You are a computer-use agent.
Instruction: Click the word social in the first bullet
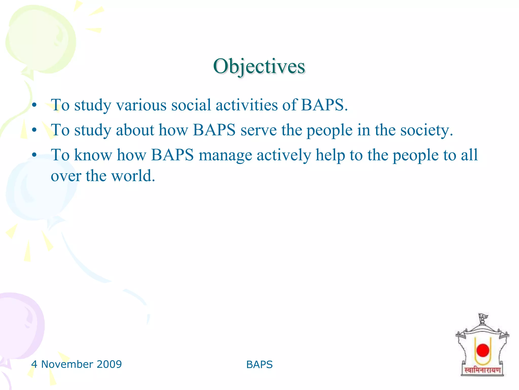click(191, 105)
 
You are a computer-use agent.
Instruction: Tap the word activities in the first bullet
click(247, 105)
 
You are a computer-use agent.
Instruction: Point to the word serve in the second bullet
click(258, 130)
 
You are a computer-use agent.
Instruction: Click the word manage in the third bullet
click(225, 155)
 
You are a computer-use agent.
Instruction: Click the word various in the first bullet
click(141, 105)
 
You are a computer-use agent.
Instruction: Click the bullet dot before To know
click(34, 155)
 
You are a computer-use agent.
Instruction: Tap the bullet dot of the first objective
click(34, 105)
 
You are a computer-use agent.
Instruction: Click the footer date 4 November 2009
click(76, 364)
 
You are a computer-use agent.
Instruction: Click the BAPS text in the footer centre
click(259, 365)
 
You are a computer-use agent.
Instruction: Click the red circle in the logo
click(483, 350)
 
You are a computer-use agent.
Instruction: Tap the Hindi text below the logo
click(483, 370)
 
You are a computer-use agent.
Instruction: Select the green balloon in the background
click(41, 41)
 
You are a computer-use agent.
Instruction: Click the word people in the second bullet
click(330, 130)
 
